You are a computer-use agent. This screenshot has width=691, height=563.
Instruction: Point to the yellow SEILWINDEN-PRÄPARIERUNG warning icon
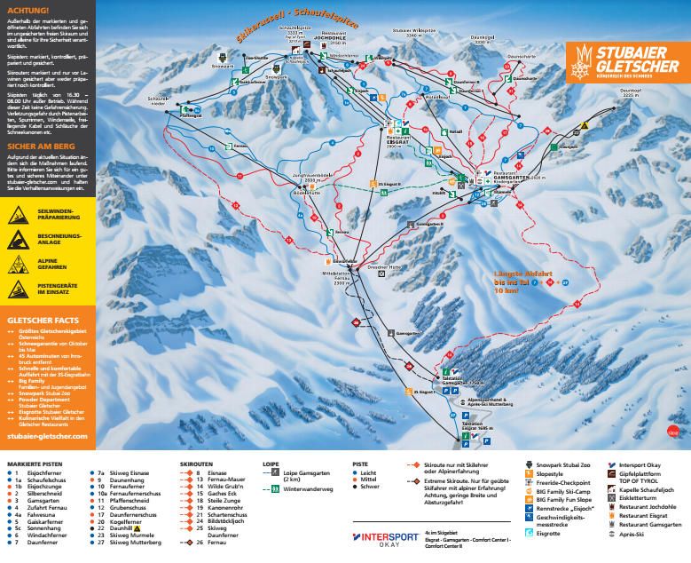click(18, 214)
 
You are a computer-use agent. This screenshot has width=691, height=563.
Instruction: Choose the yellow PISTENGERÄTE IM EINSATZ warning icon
click(18, 289)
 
